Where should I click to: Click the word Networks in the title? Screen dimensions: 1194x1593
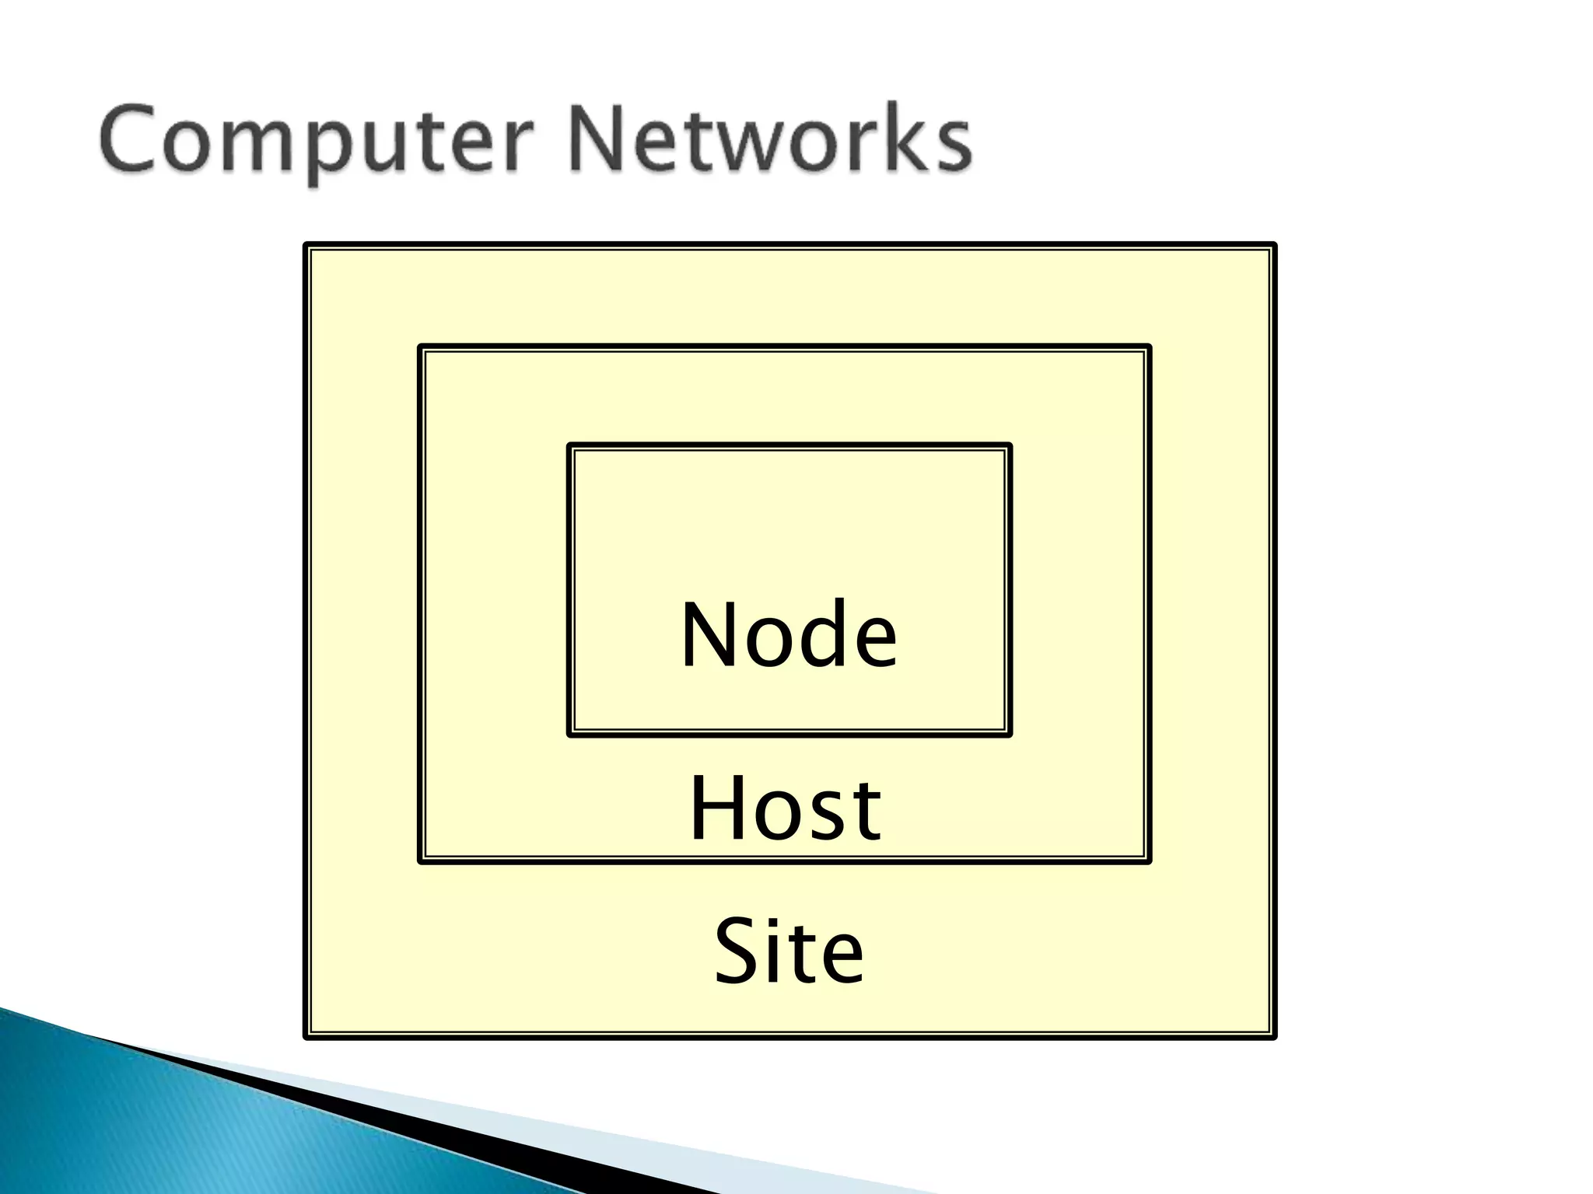770,140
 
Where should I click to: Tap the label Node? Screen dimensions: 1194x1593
789,635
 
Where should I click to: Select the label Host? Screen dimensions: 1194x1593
785,809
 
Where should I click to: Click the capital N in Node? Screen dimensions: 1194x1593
709,635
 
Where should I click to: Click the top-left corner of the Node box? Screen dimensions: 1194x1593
570,446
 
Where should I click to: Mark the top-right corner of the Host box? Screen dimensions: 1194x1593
1149,347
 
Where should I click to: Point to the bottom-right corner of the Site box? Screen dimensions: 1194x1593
1274,1036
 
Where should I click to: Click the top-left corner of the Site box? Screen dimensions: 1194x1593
306,246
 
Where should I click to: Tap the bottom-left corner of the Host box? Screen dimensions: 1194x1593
421,861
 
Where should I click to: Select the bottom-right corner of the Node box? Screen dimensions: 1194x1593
1009,734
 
